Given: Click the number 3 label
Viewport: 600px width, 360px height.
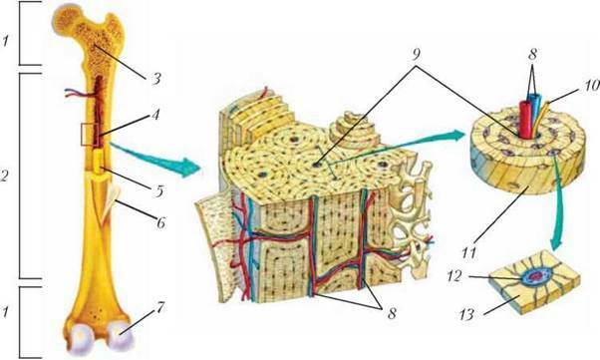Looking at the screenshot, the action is click(154, 79).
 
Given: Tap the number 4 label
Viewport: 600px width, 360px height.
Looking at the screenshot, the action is click(155, 114).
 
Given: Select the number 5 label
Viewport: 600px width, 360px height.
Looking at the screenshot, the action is click(159, 190).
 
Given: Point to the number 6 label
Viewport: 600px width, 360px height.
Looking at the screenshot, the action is click(160, 221).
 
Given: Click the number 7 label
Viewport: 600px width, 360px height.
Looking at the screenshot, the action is click(159, 307).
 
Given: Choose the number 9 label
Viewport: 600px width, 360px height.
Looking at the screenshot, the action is click(416, 54).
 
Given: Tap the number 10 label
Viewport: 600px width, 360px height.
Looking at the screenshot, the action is click(591, 85).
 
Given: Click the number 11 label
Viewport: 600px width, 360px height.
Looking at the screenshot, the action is click(468, 252).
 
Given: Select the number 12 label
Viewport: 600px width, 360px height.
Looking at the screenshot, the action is click(454, 276).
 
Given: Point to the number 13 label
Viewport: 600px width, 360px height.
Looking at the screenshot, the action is click(466, 315).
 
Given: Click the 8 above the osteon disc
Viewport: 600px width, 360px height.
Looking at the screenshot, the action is click(532, 55).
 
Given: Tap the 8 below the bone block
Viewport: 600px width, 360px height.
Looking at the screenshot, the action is click(391, 314).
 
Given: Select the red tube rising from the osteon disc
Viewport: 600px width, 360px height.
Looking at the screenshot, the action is click(524, 119).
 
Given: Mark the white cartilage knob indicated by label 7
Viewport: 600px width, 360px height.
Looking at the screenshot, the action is click(121, 335).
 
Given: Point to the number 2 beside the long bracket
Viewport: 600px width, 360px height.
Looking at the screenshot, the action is click(4, 176).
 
